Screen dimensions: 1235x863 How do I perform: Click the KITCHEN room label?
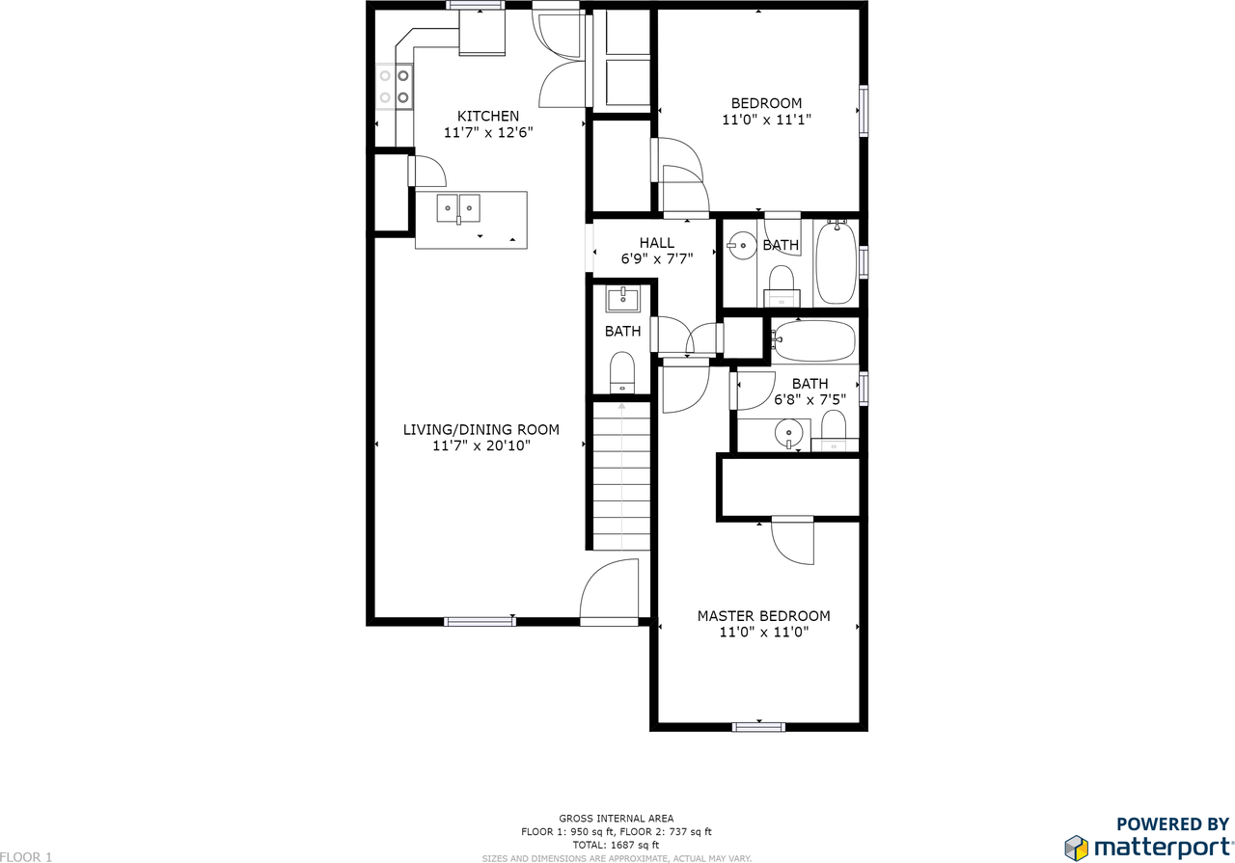point(488,117)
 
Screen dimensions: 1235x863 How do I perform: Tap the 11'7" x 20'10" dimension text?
point(481,445)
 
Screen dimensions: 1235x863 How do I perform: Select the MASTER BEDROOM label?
point(763,615)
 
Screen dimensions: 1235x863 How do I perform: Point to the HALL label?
point(657,242)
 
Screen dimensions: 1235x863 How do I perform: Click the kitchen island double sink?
point(458,209)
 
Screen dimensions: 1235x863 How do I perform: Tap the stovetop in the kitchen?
point(395,87)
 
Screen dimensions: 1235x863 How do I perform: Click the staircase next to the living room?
point(621,476)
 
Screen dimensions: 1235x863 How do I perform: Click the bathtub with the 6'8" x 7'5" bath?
point(813,340)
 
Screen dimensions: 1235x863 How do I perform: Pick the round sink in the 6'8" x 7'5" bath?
point(789,433)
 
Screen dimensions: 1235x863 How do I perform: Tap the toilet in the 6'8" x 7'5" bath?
point(834,431)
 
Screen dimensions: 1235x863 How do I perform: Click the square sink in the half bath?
point(622,299)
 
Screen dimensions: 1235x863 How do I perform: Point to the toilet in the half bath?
point(622,372)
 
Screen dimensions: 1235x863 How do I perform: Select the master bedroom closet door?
point(793,540)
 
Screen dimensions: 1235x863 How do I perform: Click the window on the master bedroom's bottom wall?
point(758,727)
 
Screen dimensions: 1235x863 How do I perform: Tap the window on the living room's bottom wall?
point(480,622)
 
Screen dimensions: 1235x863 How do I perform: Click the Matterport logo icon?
point(1076,848)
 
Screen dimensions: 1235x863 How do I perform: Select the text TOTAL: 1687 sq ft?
point(616,845)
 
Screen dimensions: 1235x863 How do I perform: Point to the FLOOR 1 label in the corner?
point(26,857)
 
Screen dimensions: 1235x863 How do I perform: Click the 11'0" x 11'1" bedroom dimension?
point(766,120)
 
